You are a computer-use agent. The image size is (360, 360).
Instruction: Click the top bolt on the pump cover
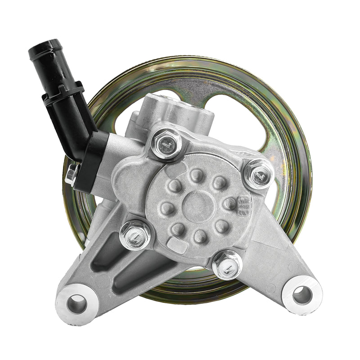coord(166,143)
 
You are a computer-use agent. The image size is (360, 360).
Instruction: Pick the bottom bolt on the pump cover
coord(227,265)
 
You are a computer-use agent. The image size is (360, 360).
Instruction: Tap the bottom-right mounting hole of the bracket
coord(302,295)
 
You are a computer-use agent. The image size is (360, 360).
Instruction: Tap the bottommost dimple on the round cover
coord(200,235)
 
